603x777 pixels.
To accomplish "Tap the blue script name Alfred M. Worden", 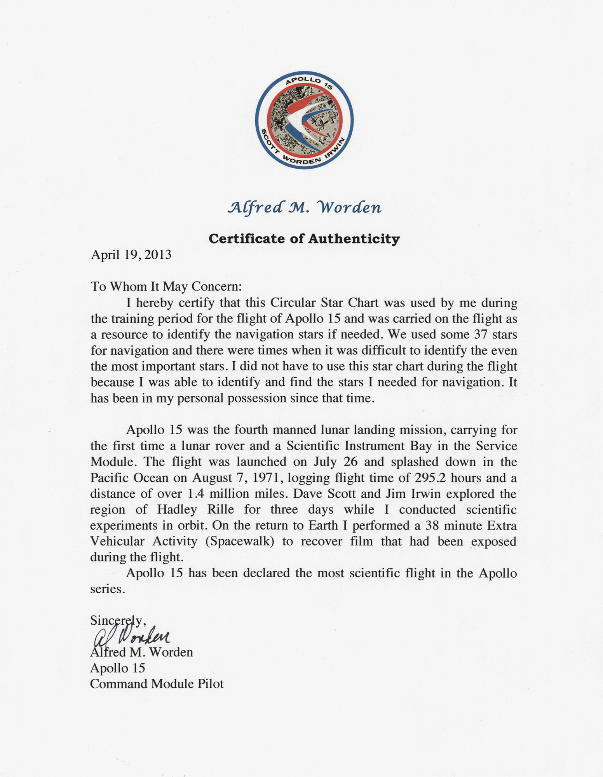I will coord(304,208).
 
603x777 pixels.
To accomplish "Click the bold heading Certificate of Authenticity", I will coord(304,239).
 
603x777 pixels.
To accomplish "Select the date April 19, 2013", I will coord(131,255).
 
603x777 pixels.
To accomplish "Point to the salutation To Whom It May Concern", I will coord(166,287).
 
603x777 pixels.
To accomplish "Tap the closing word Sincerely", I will coord(118,620).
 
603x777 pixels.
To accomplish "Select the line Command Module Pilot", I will coord(157,684).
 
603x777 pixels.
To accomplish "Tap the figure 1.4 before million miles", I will coord(195,494).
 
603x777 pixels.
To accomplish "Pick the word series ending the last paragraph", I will coord(107,589).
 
